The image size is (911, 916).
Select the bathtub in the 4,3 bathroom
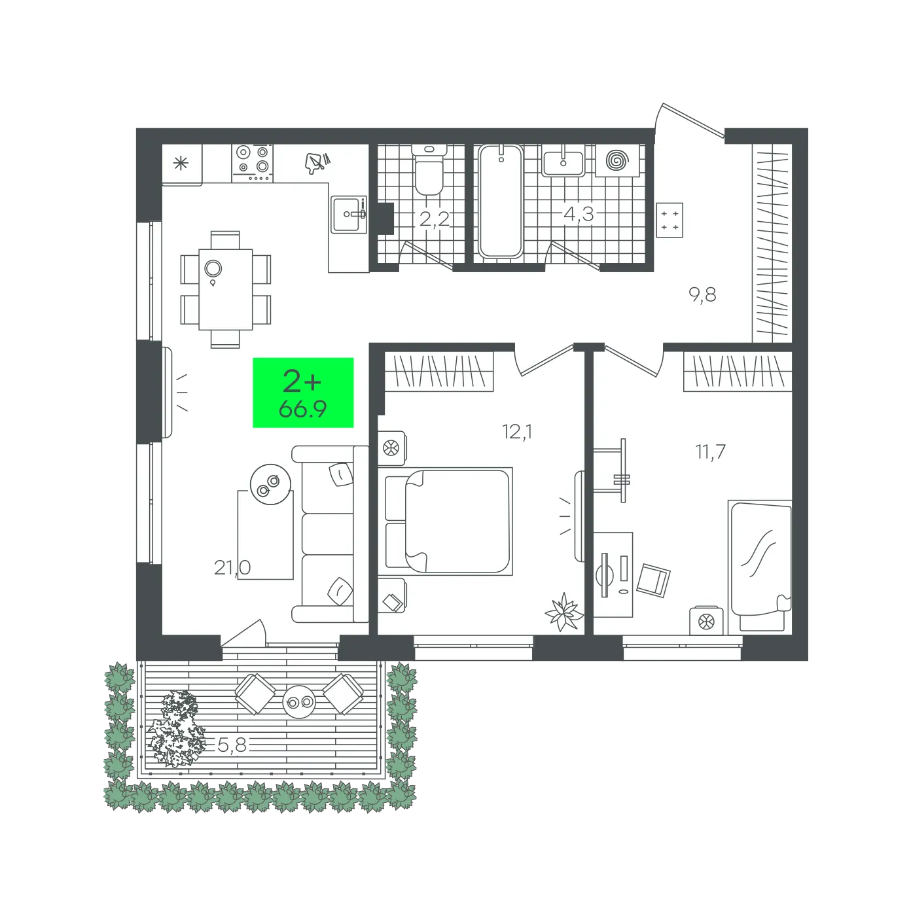[x=500, y=201]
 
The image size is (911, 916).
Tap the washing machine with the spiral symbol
[x=617, y=161]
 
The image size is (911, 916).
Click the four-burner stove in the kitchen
[x=253, y=163]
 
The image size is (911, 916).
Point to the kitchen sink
[x=349, y=215]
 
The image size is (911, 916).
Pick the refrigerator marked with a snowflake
[x=182, y=164]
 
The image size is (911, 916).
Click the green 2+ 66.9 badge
[x=303, y=393]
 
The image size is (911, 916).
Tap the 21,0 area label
[x=232, y=567]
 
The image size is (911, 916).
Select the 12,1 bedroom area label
[x=517, y=432]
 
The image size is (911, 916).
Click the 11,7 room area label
[x=710, y=451]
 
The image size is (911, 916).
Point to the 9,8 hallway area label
[x=702, y=295]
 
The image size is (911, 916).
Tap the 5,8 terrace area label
[x=232, y=745]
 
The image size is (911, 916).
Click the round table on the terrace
[x=298, y=701]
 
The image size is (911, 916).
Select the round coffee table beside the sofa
[x=270, y=484]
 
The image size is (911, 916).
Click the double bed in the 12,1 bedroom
[x=445, y=521]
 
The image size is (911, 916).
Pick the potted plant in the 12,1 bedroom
[x=564, y=612]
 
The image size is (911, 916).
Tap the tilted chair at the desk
[x=653, y=580]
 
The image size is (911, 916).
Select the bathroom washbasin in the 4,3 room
[x=563, y=161]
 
